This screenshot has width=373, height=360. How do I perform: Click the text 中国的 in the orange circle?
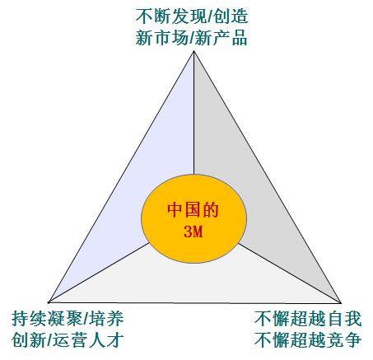point(193,210)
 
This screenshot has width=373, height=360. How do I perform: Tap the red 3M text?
point(193,231)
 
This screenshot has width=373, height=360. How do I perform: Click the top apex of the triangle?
point(193,51)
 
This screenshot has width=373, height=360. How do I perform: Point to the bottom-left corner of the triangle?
point(49,302)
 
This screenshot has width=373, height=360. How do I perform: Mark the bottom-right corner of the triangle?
point(341,303)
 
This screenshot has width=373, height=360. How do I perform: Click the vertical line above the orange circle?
point(193,113)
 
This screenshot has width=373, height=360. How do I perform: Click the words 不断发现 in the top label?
point(171,16)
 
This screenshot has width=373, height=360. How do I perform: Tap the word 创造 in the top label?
point(231,16)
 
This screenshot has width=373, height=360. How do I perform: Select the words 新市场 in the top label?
point(162,38)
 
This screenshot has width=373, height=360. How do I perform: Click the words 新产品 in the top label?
point(221,38)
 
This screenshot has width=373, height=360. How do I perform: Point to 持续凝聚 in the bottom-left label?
point(47,319)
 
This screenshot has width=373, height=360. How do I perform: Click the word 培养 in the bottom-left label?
point(106,319)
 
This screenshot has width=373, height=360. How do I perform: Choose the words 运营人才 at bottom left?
point(88,340)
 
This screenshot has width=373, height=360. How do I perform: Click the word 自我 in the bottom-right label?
point(344,319)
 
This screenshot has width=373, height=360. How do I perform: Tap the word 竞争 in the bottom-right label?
point(344,340)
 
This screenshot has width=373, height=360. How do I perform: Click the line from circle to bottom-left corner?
point(99,273)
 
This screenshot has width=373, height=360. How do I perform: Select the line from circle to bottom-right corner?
point(289,273)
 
